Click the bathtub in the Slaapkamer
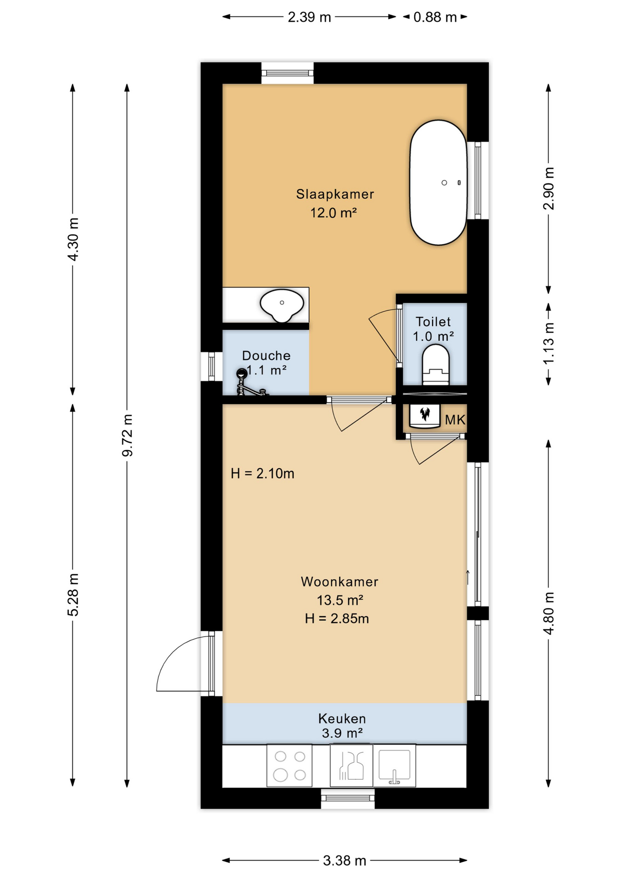438,183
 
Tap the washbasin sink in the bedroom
282,305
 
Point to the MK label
455,420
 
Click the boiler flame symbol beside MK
425,415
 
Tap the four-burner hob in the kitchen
289,766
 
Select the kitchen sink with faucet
394,766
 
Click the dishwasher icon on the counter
351,766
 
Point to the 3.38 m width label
344,861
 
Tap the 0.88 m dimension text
435,17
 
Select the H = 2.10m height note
262,473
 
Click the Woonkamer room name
339,581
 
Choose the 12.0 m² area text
333,212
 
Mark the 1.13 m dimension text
548,343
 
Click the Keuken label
342,719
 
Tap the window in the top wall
287,73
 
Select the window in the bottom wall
348,798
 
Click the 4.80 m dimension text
548,613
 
